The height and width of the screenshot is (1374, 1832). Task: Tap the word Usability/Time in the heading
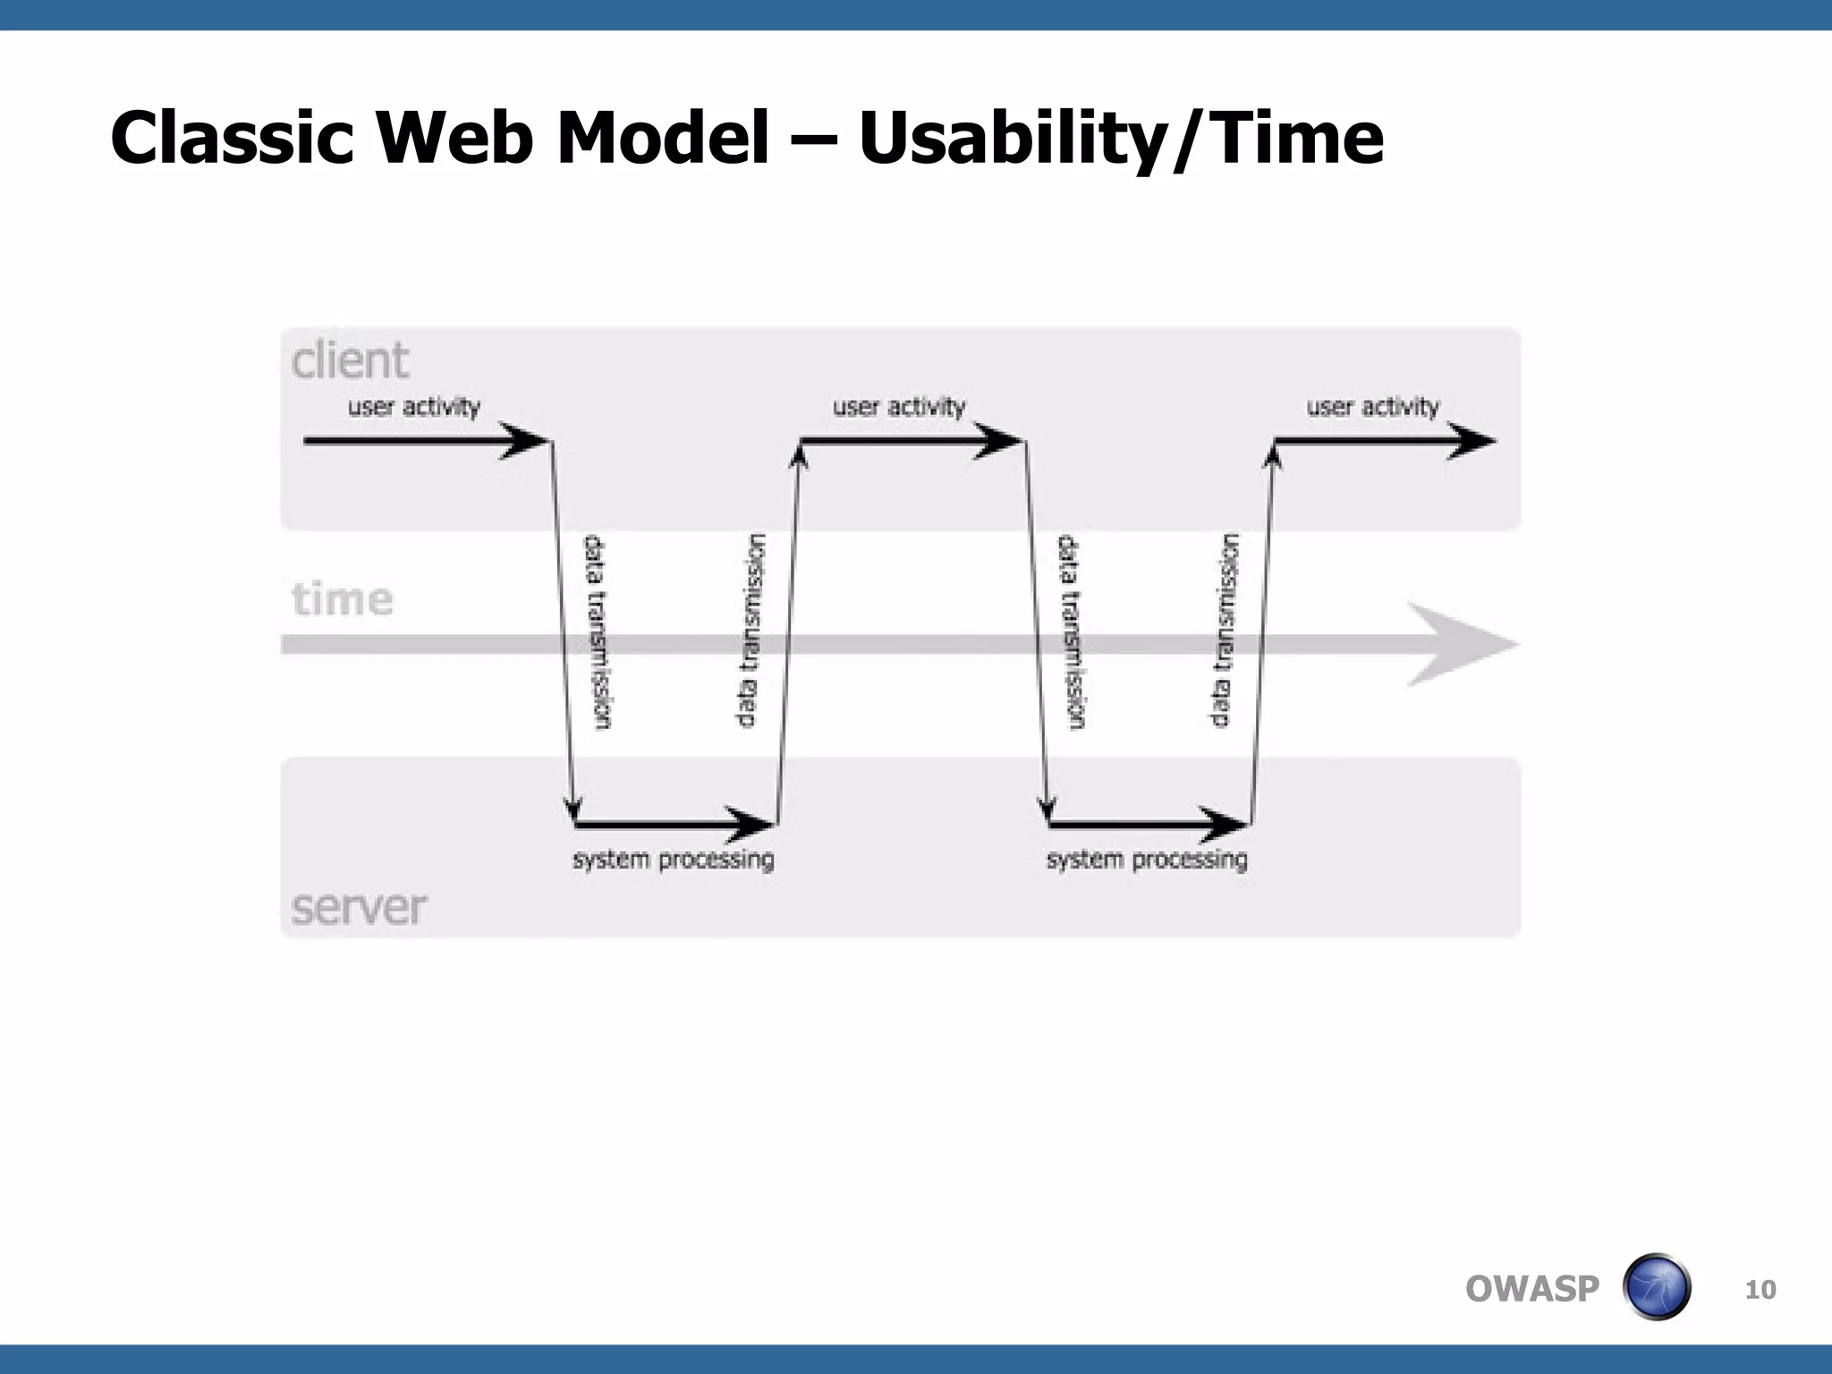point(1120,139)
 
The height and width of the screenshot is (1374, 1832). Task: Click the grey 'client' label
point(350,360)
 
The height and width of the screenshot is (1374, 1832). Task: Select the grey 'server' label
point(359,907)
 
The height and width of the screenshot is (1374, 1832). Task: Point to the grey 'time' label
point(342,598)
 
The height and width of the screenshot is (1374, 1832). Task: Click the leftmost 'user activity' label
point(414,407)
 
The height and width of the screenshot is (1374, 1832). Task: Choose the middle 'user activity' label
point(899,407)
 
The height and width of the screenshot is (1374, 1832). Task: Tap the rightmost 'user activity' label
point(1373,407)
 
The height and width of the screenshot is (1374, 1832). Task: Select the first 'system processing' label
point(674,860)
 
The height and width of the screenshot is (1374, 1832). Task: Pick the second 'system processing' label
point(1147,860)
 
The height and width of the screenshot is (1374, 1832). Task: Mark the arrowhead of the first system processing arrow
point(751,824)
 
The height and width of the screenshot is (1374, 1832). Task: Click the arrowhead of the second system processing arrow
point(1226,824)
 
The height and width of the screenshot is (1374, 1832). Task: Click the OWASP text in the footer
point(1531,1289)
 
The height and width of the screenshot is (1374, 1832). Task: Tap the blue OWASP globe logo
point(1656,1287)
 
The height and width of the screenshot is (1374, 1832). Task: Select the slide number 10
point(1760,1290)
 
